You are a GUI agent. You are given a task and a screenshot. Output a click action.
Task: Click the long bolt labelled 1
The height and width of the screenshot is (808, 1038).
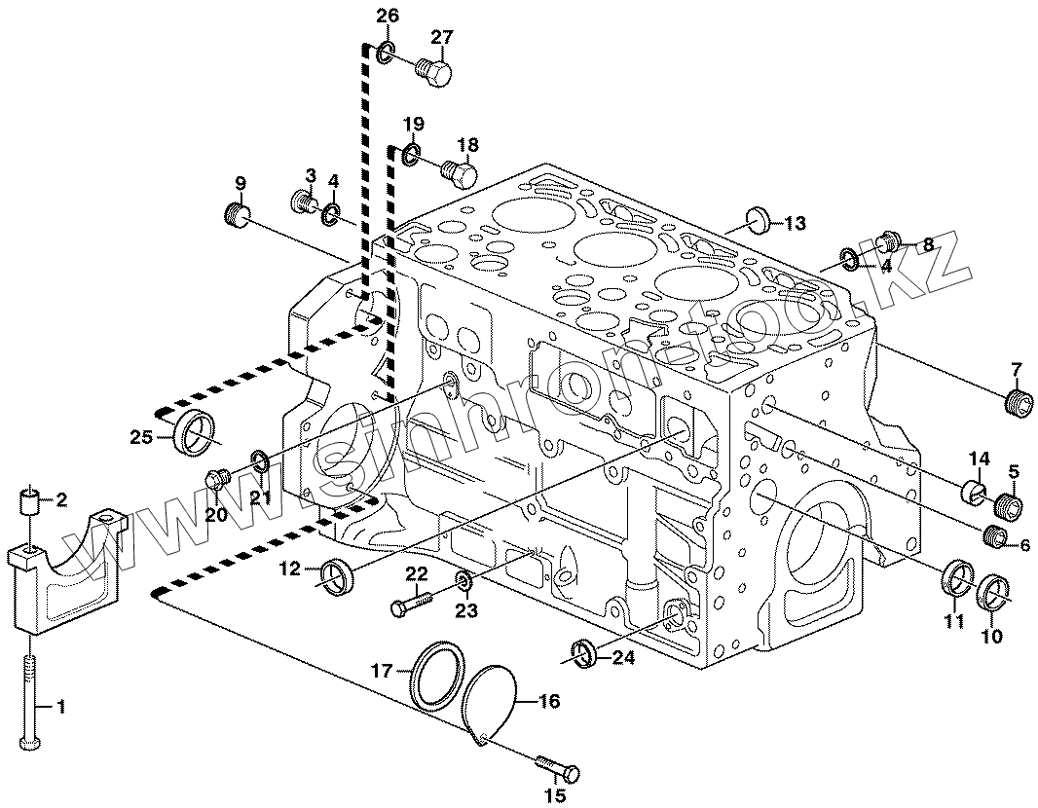[30, 700]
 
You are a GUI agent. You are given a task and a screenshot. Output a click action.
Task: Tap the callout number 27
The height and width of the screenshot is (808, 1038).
[442, 38]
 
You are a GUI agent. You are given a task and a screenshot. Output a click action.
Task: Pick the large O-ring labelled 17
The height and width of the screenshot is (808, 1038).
[434, 675]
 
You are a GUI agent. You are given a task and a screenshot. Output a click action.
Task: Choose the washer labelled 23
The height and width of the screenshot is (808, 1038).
[463, 582]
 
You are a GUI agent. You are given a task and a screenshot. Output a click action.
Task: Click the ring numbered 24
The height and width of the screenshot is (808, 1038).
[584, 653]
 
